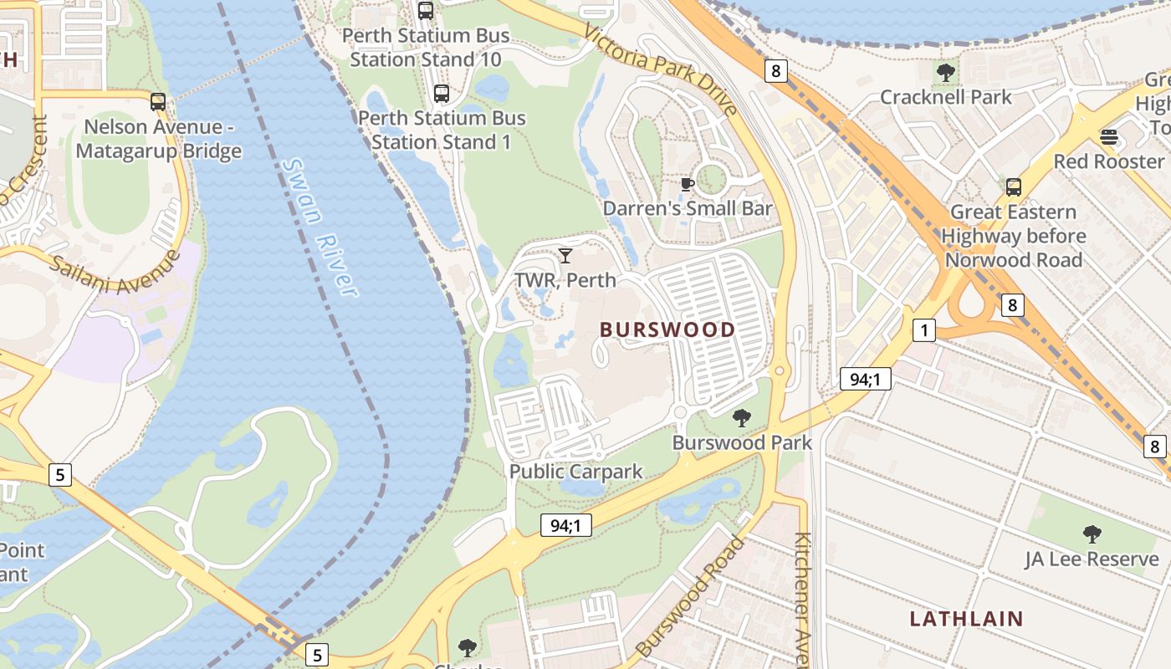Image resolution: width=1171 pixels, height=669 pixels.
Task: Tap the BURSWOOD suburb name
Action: (x=667, y=329)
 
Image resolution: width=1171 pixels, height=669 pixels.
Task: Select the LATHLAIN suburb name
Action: (x=966, y=619)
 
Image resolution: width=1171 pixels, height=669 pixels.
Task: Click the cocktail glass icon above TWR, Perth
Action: (x=565, y=255)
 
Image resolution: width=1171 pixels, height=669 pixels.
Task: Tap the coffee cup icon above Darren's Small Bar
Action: (x=688, y=184)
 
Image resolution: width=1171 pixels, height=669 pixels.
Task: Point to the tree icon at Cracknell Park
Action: (x=945, y=73)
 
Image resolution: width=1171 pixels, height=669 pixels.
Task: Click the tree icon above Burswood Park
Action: (x=741, y=417)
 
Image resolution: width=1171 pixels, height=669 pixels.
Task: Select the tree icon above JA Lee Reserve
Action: (x=1092, y=534)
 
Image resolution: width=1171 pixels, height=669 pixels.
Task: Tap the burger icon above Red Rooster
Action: (x=1109, y=136)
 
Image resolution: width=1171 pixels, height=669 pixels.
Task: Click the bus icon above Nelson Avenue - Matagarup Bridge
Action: (x=158, y=102)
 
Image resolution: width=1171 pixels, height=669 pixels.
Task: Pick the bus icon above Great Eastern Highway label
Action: (x=1014, y=187)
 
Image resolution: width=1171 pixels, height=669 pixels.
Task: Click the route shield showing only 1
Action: (x=923, y=330)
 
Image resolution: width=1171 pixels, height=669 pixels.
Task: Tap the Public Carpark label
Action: (x=576, y=472)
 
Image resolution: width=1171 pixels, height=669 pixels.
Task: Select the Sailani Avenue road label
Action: (x=116, y=273)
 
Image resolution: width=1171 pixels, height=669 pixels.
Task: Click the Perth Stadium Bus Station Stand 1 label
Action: (x=442, y=130)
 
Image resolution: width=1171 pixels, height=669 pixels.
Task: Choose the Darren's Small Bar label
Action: (x=688, y=208)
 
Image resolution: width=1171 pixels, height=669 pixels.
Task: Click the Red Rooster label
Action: (x=1108, y=161)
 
